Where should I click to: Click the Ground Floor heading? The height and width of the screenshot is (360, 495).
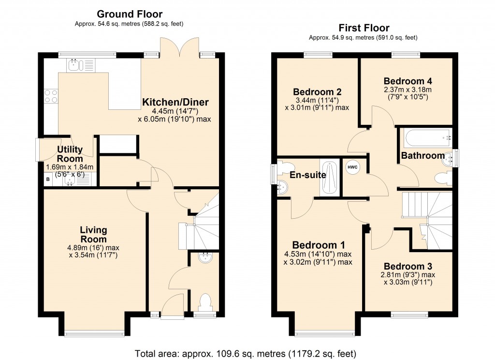(x=130, y=14)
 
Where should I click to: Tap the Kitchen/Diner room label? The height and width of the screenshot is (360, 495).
(x=175, y=102)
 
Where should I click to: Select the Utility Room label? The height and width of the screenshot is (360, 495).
(x=70, y=154)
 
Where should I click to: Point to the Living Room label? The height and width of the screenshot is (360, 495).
(x=93, y=234)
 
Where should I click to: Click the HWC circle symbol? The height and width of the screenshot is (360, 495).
(x=352, y=167)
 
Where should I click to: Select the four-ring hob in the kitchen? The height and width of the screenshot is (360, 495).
(x=51, y=97)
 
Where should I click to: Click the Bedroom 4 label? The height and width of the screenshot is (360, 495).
(x=408, y=81)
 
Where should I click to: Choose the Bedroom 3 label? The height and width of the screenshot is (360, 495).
(x=408, y=266)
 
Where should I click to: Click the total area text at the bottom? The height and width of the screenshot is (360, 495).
(x=247, y=353)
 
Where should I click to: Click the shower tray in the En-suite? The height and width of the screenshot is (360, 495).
(x=330, y=178)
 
